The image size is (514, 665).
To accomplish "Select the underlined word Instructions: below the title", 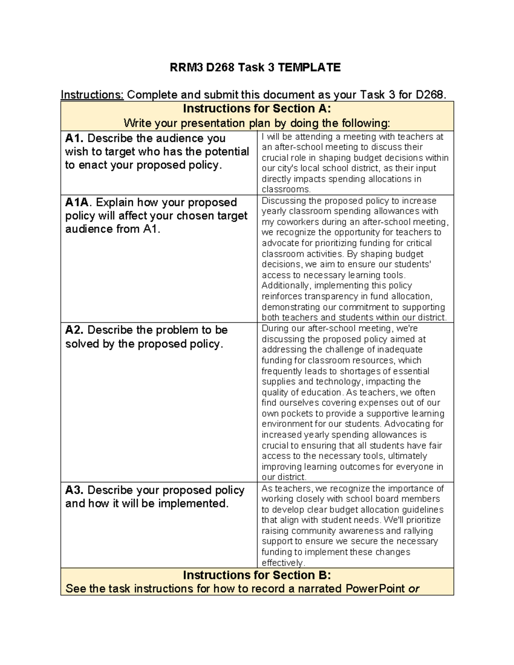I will click(x=92, y=95).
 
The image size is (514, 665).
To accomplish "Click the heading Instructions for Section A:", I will click(x=257, y=109).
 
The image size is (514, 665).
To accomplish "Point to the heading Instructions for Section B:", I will click(x=257, y=575).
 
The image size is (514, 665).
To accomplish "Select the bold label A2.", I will click(x=75, y=330).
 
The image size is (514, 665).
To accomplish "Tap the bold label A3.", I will click(x=75, y=490).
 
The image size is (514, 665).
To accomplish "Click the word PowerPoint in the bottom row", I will click(x=375, y=589).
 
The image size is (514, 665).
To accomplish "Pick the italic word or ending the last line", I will click(x=413, y=589).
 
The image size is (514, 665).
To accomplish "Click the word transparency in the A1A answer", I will click(x=330, y=296).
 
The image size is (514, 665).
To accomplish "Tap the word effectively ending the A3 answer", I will click(x=281, y=563).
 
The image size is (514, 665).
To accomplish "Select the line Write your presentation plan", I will click(x=257, y=123).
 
